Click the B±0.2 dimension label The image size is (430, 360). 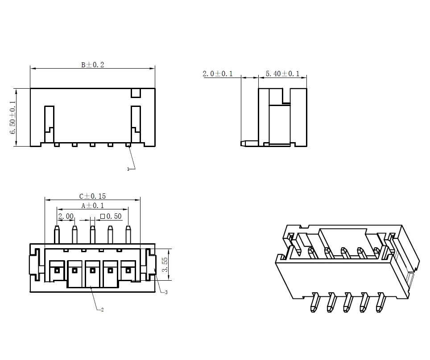click(92, 65)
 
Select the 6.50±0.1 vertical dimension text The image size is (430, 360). click(13, 117)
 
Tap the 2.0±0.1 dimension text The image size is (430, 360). click(218, 74)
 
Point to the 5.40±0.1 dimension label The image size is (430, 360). click(282, 74)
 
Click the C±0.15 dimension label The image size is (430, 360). click(92, 196)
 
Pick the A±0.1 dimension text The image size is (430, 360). click(92, 206)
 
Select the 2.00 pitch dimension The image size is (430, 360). click(66, 216)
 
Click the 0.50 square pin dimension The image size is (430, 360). click(111, 216)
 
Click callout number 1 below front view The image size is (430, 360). click(128, 169)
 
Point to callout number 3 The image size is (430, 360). click(166, 293)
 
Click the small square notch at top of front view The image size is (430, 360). click(136, 93)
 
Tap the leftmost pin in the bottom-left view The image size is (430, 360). click(57, 234)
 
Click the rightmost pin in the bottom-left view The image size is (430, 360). click(128, 234)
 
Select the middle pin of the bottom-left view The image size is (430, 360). click(93, 234)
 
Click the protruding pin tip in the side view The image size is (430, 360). click(244, 144)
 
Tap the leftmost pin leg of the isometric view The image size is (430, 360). click(314, 303)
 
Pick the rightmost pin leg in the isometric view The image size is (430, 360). click(380, 302)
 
